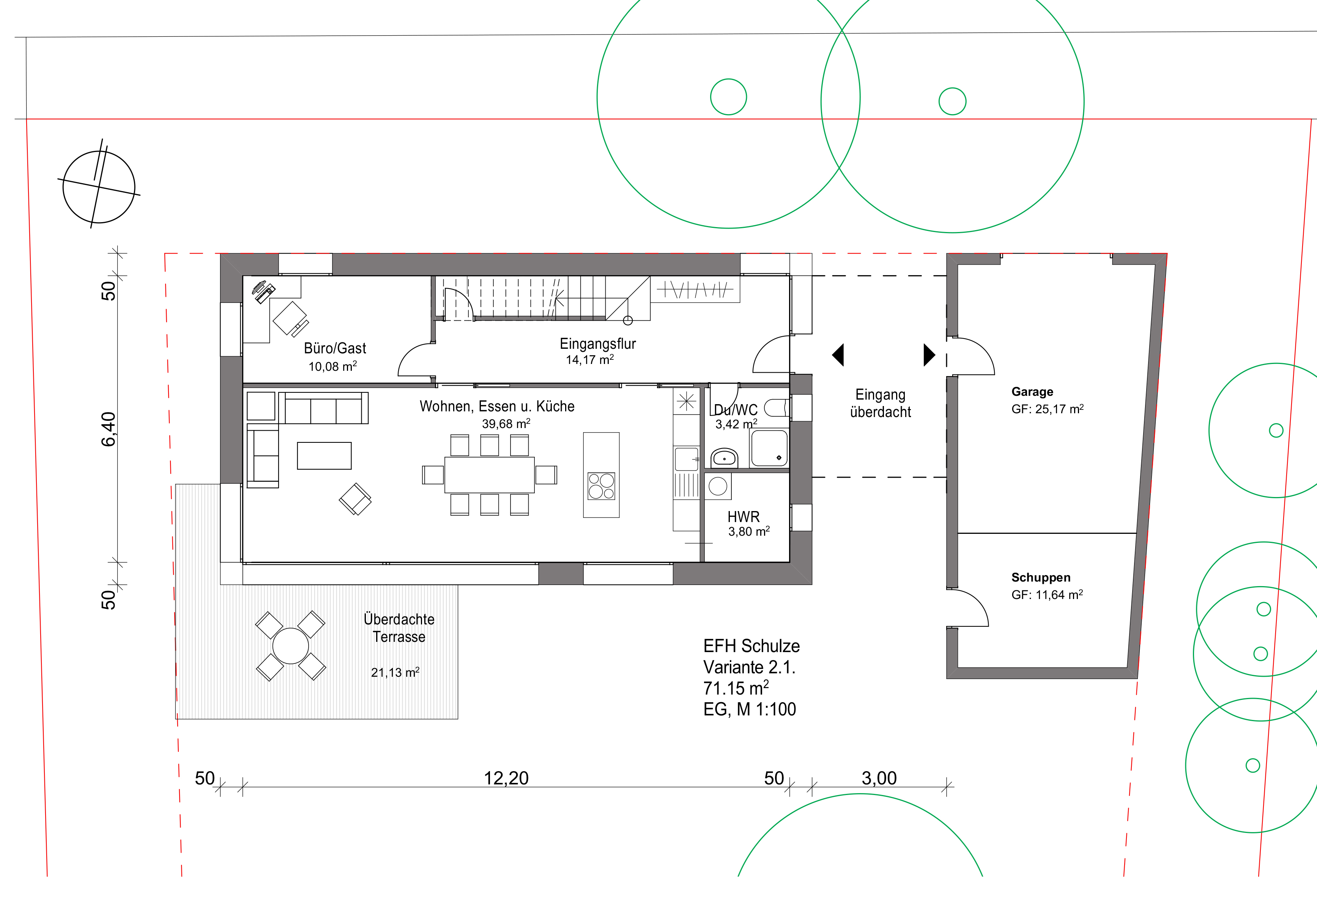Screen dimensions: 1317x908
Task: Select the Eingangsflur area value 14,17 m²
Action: (589, 359)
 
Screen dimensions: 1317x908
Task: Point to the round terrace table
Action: (290, 646)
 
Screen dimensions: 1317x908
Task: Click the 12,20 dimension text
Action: (506, 778)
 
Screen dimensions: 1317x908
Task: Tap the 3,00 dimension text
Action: (879, 778)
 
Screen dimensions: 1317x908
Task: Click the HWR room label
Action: (743, 517)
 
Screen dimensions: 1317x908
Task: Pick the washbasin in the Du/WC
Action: (724, 458)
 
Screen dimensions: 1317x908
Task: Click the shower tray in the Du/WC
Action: (769, 448)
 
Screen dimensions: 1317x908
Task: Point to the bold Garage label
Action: (1032, 391)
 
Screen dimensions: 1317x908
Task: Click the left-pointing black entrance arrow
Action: (838, 354)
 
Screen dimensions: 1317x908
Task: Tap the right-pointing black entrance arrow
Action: (929, 354)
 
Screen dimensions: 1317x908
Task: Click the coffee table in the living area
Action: (324, 456)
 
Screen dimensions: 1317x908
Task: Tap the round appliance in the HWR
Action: (717, 486)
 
